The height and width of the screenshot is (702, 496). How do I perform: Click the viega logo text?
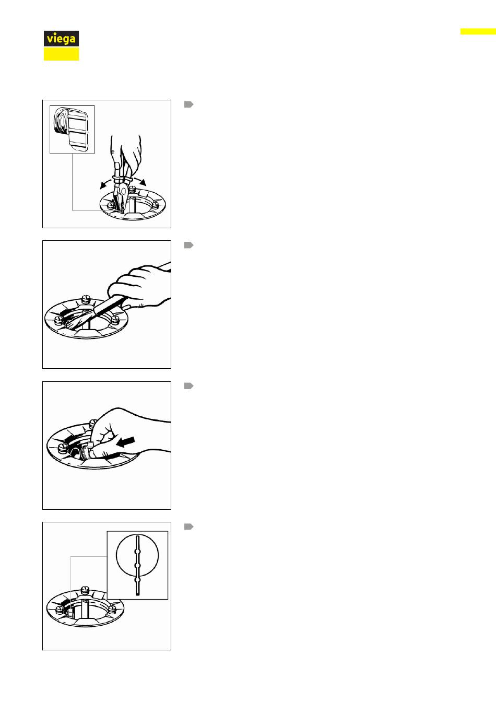(61, 39)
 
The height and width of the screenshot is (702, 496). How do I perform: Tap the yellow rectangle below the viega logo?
(61, 54)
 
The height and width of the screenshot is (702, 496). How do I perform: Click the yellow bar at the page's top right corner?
(478, 31)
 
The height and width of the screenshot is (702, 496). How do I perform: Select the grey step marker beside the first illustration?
(188, 104)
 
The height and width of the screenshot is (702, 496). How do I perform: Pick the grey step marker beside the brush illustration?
(188, 245)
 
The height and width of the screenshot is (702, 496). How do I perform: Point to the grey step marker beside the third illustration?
(188, 386)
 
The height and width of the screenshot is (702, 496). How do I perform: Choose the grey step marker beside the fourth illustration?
(188, 526)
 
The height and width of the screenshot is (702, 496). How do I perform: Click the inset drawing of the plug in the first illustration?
(72, 130)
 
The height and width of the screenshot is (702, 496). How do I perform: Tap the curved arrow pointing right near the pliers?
(140, 181)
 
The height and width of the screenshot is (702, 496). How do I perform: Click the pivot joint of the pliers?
(124, 191)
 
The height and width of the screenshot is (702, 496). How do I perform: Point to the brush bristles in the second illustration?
(76, 321)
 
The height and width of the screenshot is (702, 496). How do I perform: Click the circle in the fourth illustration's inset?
(137, 556)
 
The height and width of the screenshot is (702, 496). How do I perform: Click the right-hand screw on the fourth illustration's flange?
(112, 609)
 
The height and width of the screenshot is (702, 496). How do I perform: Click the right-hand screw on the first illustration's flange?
(156, 205)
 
